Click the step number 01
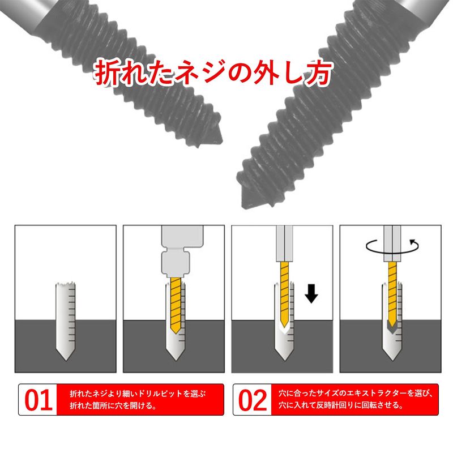[x=39, y=400]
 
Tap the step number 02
[x=253, y=400]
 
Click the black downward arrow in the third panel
[x=311, y=293]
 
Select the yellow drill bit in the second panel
[x=176, y=305]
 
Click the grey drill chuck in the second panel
[x=182, y=251]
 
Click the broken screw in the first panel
[x=66, y=321]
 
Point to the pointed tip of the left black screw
[x=222, y=141]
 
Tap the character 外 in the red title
[x=267, y=73]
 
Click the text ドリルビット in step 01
[x=161, y=394]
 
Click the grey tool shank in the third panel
[x=284, y=244]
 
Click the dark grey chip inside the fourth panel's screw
[x=391, y=327]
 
